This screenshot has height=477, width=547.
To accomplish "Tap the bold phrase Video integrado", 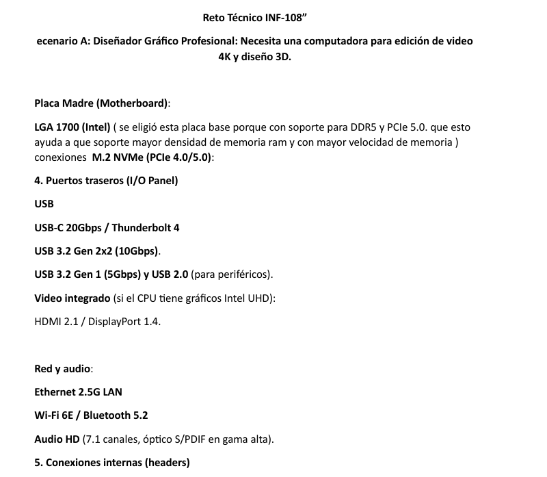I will point(72,298).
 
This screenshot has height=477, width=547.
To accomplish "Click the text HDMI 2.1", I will point(56,322).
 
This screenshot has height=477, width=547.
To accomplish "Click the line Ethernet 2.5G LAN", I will point(78,392).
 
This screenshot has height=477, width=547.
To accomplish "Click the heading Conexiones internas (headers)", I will point(111,463).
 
